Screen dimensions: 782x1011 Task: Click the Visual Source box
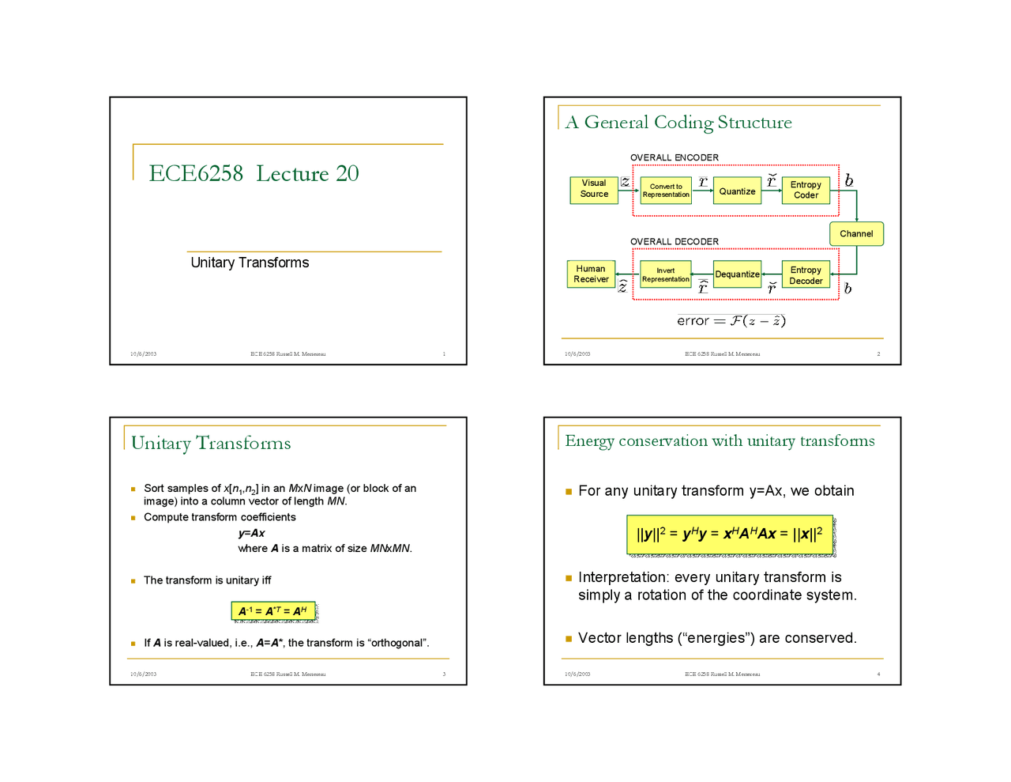click(593, 190)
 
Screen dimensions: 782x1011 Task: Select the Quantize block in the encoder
click(737, 191)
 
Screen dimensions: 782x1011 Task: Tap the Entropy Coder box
click(806, 191)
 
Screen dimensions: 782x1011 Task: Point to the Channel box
click(856, 234)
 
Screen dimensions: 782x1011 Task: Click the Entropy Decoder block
click(806, 274)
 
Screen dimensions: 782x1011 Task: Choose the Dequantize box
click(737, 274)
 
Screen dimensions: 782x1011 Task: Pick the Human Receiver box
click(591, 274)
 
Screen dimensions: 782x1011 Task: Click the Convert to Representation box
click(666, 191)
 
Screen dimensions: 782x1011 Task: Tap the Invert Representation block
click(666, 274)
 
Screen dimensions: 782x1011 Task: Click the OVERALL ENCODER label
click(675, 157)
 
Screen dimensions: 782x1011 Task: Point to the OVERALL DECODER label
click(675, 241)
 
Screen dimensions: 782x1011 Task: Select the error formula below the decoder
click(731, 320)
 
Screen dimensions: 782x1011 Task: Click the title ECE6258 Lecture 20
click(254, 173)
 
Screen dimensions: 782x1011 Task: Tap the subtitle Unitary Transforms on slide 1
click(250, 263)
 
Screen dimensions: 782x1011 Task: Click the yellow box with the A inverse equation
click(273, 611)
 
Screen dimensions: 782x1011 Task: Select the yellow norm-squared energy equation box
click(730, 534)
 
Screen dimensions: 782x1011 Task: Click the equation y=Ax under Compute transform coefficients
click(252, 533)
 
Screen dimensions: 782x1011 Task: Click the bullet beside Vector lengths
click(569, 638)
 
